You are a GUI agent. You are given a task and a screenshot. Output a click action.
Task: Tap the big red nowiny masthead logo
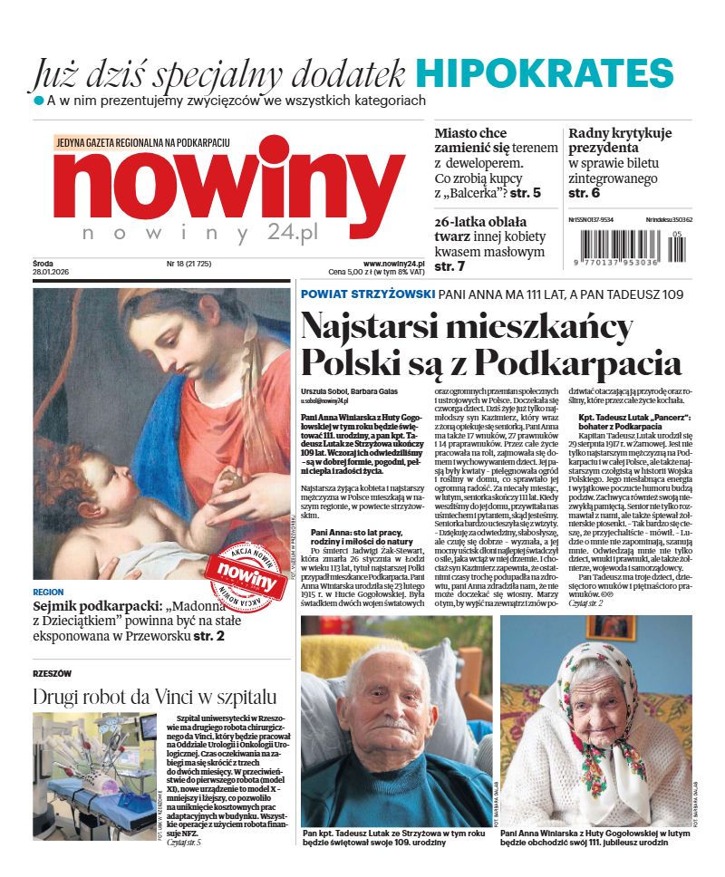click(227, 180)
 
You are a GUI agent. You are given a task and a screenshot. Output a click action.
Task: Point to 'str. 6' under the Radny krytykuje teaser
click(585, 193)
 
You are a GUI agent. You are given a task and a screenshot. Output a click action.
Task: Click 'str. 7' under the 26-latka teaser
click(450, 266)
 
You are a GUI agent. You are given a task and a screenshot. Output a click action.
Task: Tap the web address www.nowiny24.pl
click(394, 263)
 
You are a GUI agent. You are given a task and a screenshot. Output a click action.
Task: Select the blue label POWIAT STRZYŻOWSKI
click(366, 294)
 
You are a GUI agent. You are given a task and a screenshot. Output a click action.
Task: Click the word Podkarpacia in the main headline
click(579, 361)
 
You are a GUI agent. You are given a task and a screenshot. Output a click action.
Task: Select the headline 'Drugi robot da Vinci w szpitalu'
click(154, 697)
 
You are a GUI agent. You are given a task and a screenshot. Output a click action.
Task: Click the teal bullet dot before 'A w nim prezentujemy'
click(38, 100)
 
